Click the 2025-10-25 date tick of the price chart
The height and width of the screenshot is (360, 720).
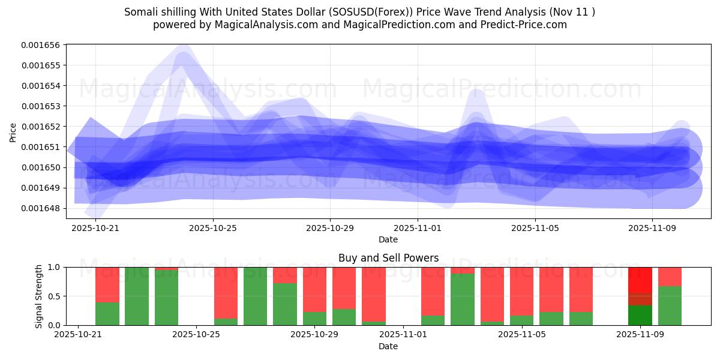212,228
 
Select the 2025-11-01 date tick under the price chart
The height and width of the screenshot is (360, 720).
418,228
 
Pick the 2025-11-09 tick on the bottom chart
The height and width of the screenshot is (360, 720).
640,334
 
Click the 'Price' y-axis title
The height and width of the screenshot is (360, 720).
13,132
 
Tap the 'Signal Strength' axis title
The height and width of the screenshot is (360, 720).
39,296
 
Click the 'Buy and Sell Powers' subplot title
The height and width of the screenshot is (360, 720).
388,258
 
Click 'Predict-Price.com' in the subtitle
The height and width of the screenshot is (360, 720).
528,25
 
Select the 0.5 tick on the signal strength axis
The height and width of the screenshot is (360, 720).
54,296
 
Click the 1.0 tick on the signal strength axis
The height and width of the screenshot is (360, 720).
54,267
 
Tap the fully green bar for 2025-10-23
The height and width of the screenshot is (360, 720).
137,296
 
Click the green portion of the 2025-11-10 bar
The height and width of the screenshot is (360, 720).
670,306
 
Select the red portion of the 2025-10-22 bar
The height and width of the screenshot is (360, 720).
107,284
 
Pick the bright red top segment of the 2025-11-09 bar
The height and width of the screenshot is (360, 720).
640,280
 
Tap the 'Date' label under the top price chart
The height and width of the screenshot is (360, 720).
388,239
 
